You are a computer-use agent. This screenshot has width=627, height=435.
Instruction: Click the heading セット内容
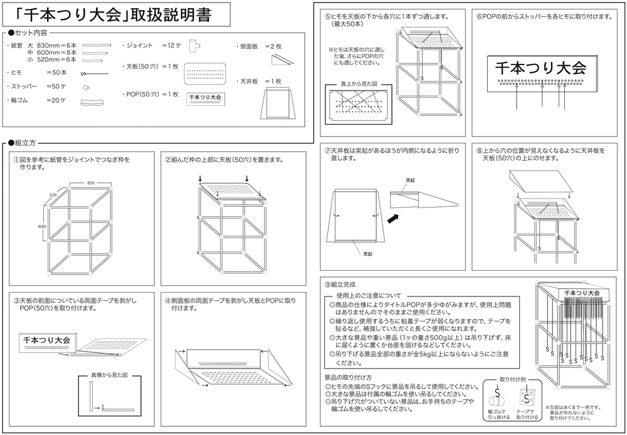point(31,32)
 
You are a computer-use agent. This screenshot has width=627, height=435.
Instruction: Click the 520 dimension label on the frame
point(53,195)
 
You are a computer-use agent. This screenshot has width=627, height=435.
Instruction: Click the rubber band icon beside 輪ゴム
point(92,102)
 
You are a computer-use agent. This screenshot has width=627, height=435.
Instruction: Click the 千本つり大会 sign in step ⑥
point(540,66)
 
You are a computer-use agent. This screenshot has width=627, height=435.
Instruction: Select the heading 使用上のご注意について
point(369,295)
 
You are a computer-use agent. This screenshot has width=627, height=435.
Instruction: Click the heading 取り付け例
point(512,379)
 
